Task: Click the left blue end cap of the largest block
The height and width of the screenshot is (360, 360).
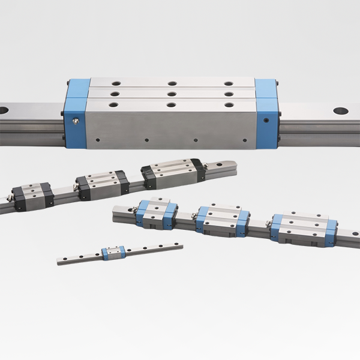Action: pos(77,114)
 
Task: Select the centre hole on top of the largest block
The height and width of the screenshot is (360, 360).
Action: pos(172,94)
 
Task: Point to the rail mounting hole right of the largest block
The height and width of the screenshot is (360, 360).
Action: pos(340,111)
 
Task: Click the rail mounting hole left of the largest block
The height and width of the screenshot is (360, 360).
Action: pos(3,110)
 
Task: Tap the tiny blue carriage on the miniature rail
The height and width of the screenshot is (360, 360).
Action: pos(113,253)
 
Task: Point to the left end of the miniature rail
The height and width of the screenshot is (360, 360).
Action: pos(59,262)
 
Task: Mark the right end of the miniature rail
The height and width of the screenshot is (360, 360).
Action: pos(182,244)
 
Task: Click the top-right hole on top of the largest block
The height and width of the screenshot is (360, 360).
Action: pos(228,83)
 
